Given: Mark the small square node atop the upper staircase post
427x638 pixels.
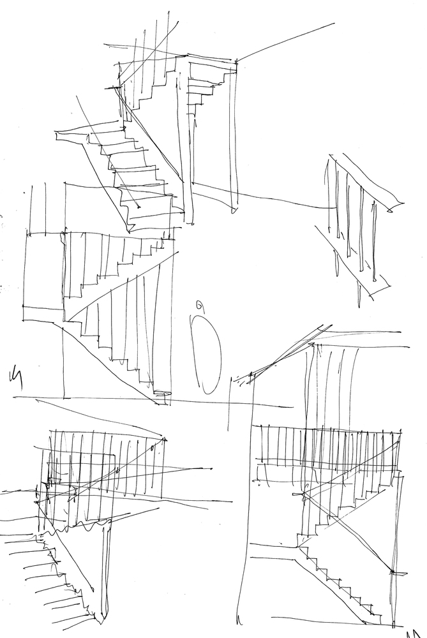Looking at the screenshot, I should click(x=236, y=61).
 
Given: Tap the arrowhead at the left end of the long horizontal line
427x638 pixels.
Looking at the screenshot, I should click(x=38, y=401).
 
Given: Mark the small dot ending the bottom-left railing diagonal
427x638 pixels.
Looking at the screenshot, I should click(x=165, y=439).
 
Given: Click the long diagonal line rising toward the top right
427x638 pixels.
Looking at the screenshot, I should click(x=287, y=41).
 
